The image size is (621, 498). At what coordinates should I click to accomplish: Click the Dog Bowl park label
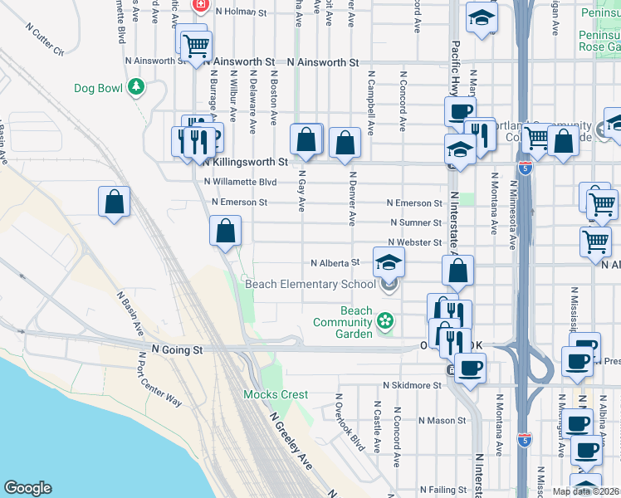tap(99, 87)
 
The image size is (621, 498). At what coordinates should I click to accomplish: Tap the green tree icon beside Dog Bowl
tap(135, 87)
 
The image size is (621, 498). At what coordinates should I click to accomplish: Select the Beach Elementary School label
tap(310, 285)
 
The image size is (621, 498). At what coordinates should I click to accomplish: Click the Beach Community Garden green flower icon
tap(384, 320)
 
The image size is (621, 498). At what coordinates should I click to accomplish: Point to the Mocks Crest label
tap(276, 395)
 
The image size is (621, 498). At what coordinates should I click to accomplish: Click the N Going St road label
tap(177, 350)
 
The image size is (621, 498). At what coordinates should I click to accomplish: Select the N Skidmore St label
tap(412, 386)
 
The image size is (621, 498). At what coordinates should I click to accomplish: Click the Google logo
tap(27, 488)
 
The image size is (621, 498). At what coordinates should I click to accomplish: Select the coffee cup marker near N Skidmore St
tap(470, 367)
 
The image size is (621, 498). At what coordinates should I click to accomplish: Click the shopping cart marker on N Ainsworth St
tap(196, 46)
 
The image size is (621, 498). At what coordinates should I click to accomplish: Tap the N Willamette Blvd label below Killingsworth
tap(240, 182)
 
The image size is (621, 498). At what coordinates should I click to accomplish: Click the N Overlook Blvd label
tap(350, 422)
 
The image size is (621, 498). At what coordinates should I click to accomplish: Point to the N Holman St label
tap(241, 12)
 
